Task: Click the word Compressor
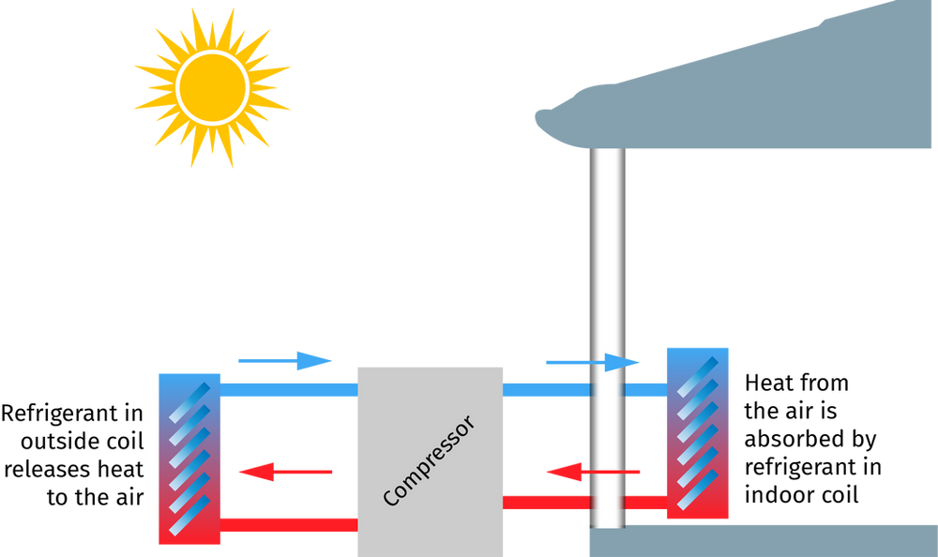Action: click(430, 460)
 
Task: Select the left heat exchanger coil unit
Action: click(189, 459)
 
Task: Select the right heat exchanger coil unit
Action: click(696, 432)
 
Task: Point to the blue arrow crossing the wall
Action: click(594, 362)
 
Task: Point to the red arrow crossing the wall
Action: click(593, 472)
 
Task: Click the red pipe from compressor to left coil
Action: click(289, 524)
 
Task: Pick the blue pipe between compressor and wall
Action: click(546, 389)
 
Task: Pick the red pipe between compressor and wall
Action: click(546, 503)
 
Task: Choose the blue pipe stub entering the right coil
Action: click(645, 389)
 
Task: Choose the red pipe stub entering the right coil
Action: click(645, 503)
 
